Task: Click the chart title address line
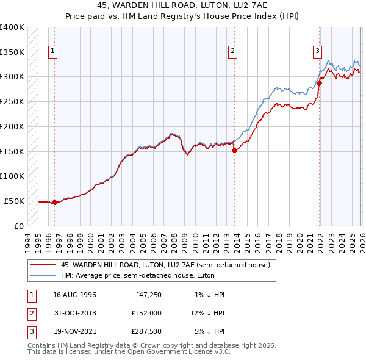click(182, 5)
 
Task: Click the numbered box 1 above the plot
click(54, 52)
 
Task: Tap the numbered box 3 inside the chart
click(318, 52)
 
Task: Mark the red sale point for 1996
click(54, 202)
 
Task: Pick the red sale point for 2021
click(318, 83)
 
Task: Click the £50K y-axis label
click(14, 201)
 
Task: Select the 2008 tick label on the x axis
click(174, 242)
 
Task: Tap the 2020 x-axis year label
click(300, 242)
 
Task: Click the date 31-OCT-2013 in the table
click(74, 313)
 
